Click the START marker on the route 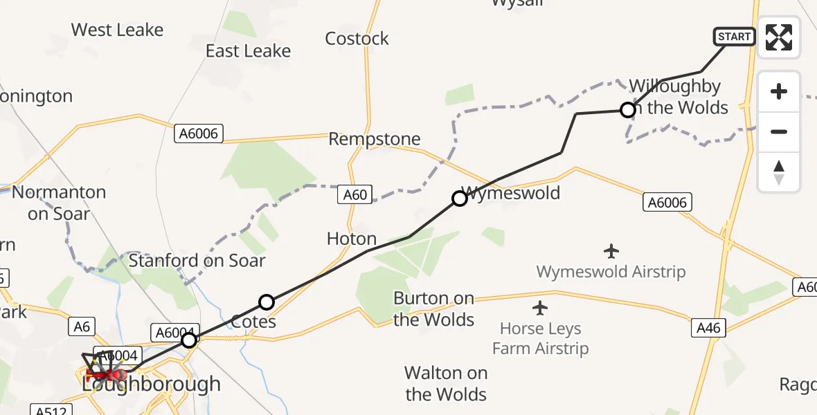click(x=735, y=37)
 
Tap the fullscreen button click(x=779, y=37)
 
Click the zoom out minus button click(x=779, y=131)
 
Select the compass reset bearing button click(x=779, y=172)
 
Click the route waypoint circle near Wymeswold click(x=459, y=199)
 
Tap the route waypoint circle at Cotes click(x=267, y=302)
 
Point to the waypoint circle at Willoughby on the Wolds click(x=627, y=110)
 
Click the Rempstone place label click(x=375, y=139)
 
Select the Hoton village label click(x=352, y=239)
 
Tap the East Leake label click(x=248, y=51)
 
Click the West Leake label click(x=117, y=30)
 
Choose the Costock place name click(x=357, y=39)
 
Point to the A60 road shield click(x=355, y=196)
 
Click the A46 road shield click(x=708, y=328)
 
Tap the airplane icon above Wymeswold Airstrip click(x=611, y=250)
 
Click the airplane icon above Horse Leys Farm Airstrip click(x=540, y=307)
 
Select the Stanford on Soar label click(x=197, y=261)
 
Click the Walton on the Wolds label click(x=446, y=384)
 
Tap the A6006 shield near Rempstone click(x=199, y=133)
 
